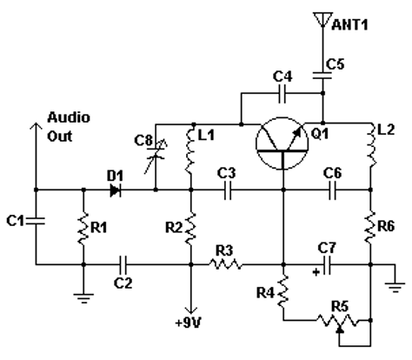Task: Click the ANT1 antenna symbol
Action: click(322, 20)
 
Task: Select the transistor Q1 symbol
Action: click(282, 143)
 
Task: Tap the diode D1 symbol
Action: click(116, 190)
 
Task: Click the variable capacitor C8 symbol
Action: click(156, 154)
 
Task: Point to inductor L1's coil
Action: click(190, 151)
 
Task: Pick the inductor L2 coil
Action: click(372, 149)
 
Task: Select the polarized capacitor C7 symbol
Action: click(327, 265)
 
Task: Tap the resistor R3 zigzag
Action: click(225, 264)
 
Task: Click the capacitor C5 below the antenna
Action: click(322, 76)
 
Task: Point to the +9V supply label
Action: click(189, 323)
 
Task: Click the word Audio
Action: click(69, 117)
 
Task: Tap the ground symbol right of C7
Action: click(395, 287)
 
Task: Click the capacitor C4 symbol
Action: click(282, 93)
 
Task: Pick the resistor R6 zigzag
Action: click(370, 228)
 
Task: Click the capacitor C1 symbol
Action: click(36, 221)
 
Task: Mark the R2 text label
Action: click(174, 228)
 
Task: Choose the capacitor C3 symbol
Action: click(228, 190)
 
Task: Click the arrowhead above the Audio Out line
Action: click(36, 126)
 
